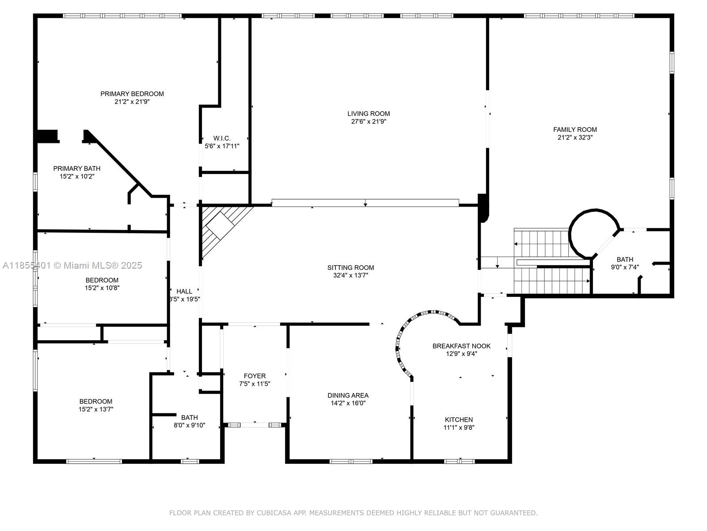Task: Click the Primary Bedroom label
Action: coord(132,94)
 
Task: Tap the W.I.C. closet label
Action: coord(222,139)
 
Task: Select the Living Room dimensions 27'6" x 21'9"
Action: coord(369,122)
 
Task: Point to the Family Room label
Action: coord(575,130)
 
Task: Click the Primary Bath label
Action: coord(77,169)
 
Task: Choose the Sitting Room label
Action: coord(350,268)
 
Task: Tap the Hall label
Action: coord(184,291)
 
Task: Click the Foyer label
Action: coord(255,376)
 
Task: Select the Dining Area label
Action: coord(348,396)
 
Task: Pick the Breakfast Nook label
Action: coord(461,346)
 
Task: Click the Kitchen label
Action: coord(459,419)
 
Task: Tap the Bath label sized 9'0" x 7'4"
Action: coord(625,260)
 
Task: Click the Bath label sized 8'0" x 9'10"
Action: coord(189,417)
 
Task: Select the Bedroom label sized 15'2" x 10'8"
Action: coord(102,280)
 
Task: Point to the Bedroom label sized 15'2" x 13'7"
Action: coord(96,401)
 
